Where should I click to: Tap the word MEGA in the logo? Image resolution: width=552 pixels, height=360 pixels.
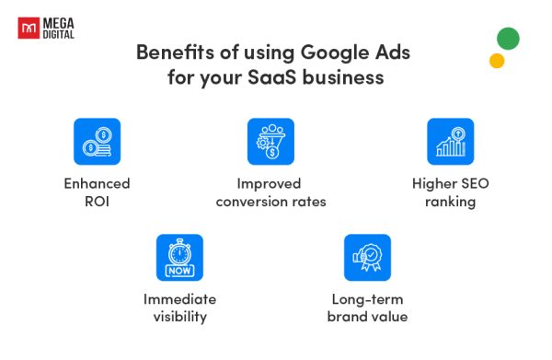(59, 21)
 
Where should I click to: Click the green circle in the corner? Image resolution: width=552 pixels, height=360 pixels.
(507, 39)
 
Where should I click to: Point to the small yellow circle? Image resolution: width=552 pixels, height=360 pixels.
(497, 61)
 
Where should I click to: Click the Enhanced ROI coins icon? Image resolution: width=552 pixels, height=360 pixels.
(97, 141)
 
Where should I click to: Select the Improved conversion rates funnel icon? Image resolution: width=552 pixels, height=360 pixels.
(270, 141)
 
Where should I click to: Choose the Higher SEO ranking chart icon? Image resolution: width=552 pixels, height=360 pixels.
(450, 141)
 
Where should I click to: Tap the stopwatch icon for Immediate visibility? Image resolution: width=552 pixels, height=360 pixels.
(179, 257)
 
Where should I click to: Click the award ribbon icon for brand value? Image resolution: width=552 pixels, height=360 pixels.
(367, 257)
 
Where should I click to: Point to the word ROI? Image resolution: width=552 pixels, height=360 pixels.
(98, 202)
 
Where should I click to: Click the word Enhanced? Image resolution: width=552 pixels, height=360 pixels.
(97, 183)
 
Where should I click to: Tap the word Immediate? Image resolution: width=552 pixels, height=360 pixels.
(179, 299)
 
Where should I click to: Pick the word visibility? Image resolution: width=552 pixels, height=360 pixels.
(179, 318)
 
